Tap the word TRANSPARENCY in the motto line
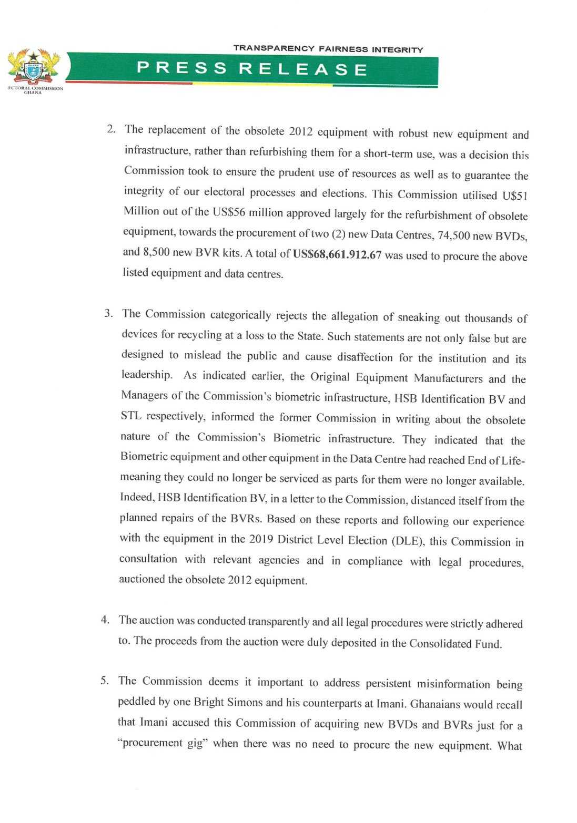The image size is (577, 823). point(274,48)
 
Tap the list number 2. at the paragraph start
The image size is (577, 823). point(112,130)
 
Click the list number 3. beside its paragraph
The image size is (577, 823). point(109,314)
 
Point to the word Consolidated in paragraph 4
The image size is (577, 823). point(440,643)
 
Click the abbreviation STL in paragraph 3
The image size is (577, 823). point(130,416)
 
